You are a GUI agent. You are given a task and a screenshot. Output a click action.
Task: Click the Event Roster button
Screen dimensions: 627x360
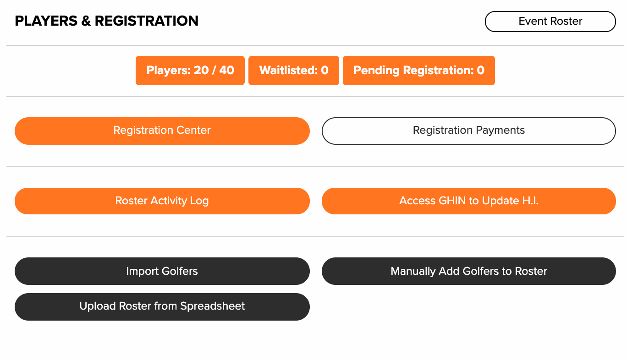point(550,22)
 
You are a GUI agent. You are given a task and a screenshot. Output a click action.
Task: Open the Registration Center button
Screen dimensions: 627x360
point(162,131)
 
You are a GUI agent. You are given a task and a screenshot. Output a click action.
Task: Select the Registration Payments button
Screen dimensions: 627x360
point(468,131)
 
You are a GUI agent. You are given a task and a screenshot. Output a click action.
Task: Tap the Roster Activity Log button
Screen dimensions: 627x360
point(162,201)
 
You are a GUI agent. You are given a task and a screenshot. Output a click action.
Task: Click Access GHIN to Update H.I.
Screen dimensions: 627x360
point(468,201)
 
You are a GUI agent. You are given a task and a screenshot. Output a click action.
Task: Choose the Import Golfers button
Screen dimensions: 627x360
point(162,271)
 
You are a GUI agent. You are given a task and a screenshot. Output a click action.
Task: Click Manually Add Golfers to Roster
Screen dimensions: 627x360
point(468,271)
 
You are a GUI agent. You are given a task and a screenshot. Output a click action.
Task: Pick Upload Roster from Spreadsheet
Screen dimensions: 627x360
point(162,307)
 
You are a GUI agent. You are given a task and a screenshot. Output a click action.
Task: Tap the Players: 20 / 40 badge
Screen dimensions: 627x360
point(190,71)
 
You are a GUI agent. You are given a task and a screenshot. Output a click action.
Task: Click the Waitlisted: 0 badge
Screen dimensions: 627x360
point(294,71)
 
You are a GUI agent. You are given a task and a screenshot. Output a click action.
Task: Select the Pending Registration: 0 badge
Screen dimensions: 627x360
point(419,71)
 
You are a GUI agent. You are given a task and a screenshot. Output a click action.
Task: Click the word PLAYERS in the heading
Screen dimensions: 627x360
point(46,21)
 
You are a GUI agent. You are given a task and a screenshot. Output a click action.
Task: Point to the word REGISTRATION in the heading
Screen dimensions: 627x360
point(147,21)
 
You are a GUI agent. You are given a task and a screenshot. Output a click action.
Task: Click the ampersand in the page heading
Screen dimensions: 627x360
point(86,21)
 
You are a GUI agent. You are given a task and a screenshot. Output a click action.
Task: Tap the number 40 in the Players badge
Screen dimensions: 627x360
point(227,70)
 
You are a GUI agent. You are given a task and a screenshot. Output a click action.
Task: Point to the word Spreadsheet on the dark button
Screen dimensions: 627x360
point(213,306)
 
